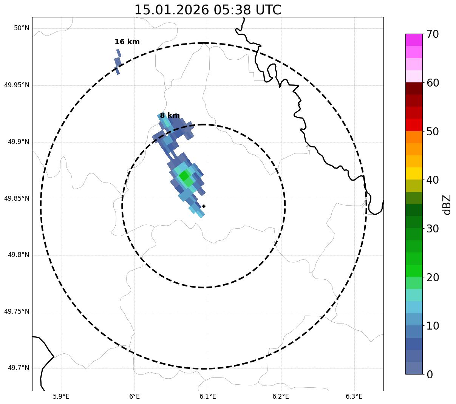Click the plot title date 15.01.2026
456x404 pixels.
(171, 10)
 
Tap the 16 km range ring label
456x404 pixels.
(127, 42)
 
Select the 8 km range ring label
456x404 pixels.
(170, 116)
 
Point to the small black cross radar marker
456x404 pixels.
(204, 206)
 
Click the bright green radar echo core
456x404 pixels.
(184, 176)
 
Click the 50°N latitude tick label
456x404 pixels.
(22, 28)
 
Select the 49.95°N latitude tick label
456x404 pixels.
(17, 85)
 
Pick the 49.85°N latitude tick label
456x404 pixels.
(17, 198)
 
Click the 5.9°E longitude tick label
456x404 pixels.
(61, 396)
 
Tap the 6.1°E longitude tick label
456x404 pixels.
(208, 396)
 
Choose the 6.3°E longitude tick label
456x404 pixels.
(354, 396)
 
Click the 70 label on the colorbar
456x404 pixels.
(432, 34)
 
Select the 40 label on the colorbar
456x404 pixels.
(432, 180)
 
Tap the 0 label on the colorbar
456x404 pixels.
(430, 375)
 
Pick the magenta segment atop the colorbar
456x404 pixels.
(414, 40)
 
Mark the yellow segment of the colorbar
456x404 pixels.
(414, 173)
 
